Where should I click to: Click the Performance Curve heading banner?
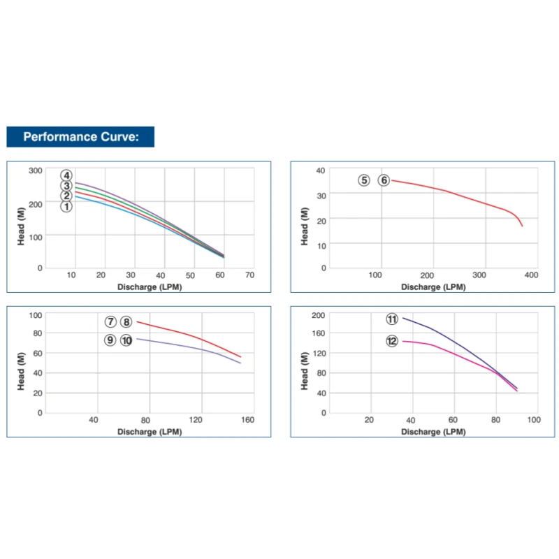(80, 136)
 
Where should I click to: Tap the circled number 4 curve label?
(66, 175)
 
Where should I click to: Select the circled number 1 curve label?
(66, 206)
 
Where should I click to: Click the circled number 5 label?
(364, 180)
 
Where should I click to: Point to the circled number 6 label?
(384, 180)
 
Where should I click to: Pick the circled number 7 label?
(110, 322)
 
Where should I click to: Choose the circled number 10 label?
(126, 340)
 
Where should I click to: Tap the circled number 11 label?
(392, 319)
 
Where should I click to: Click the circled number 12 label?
(392, 341)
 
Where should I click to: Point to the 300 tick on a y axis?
(35, 170)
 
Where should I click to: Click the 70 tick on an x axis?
(250, 276)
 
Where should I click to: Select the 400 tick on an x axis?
(531, 275)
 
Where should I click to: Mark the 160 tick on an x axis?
(247, 420)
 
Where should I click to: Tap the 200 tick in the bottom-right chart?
(318, 315)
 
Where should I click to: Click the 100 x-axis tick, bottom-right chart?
(534, 420)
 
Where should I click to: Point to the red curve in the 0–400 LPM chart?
(454, 194)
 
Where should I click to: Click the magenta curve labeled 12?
(454, 353)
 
